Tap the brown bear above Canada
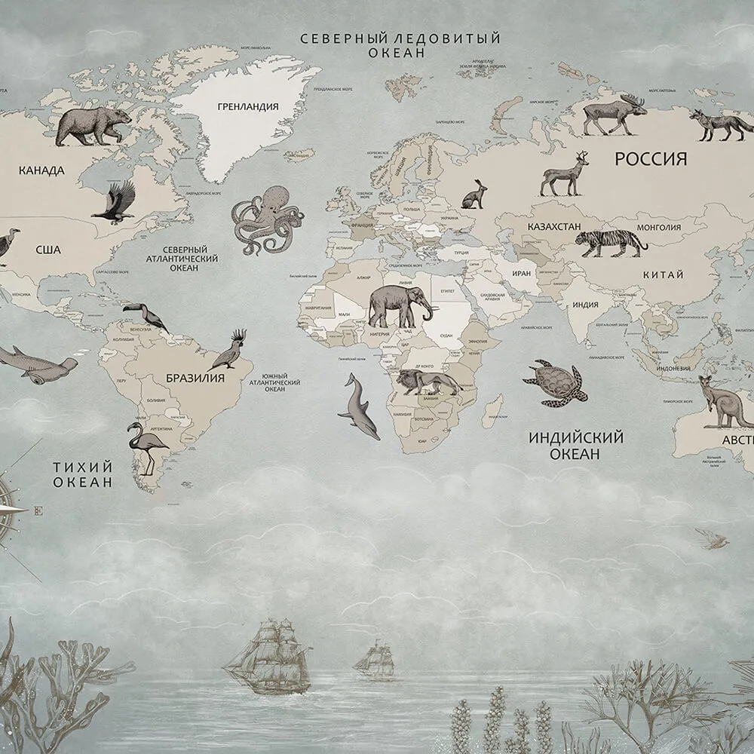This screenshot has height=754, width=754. (x=93, y=125)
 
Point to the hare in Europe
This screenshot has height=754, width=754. (x=474, y=195)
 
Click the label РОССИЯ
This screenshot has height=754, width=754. (x=651, y=159)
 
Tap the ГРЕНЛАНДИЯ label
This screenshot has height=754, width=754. (x=247, y=107)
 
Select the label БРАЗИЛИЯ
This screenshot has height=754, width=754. (x=195, y=378)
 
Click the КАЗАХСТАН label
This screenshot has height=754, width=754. (x=554, y=226)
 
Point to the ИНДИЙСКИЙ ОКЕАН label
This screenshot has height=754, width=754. (x=575, y=446)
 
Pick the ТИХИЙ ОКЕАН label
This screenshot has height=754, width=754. (x=83, y=474)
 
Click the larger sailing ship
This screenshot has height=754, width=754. (x=268, y=656)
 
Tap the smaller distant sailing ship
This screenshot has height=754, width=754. (x=375, y=657)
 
